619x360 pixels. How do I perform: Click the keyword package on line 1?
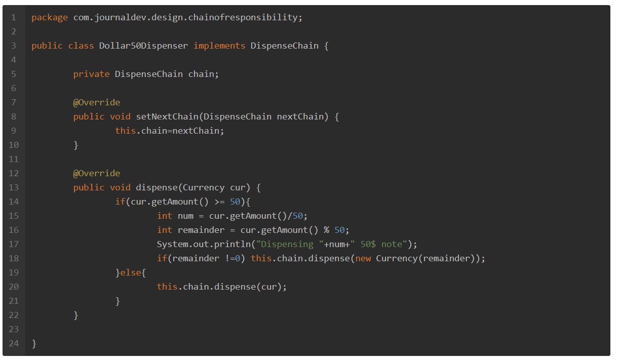coord(50,18)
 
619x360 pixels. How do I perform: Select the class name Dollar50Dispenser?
coord(143,46)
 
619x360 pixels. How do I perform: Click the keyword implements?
coord(219,46)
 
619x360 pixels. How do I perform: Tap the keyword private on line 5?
coord(92,74)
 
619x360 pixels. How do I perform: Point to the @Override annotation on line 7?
coord(96,102)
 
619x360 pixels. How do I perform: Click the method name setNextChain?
coord(167,116)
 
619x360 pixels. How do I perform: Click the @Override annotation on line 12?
coord(96,173)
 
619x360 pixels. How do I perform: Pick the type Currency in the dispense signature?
coord(204,188)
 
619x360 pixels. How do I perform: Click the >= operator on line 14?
coord(220,202)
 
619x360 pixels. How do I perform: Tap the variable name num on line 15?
coord(185,216)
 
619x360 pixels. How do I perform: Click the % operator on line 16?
coord(326,230)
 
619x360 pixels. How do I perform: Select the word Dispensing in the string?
coord(287,245)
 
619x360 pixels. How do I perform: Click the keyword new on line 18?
coord(363,259)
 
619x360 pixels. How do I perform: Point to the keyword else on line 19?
coord(131,273)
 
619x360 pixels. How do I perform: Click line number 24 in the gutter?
coord(14,343)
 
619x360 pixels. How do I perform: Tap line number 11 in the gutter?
coord(14,159)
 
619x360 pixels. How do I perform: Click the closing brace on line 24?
coord(34,344)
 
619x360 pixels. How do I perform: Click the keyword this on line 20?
coord(167,287)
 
